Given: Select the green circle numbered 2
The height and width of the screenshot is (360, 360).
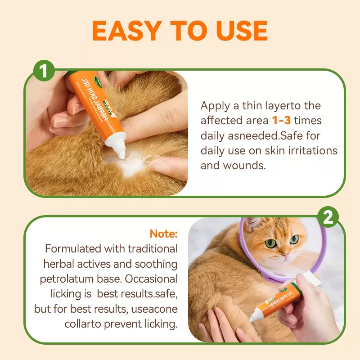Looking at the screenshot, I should click(328, 217).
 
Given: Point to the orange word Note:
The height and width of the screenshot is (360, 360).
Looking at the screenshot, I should click(164, 234).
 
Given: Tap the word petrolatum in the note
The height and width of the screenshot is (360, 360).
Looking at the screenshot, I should click(66, 279).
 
